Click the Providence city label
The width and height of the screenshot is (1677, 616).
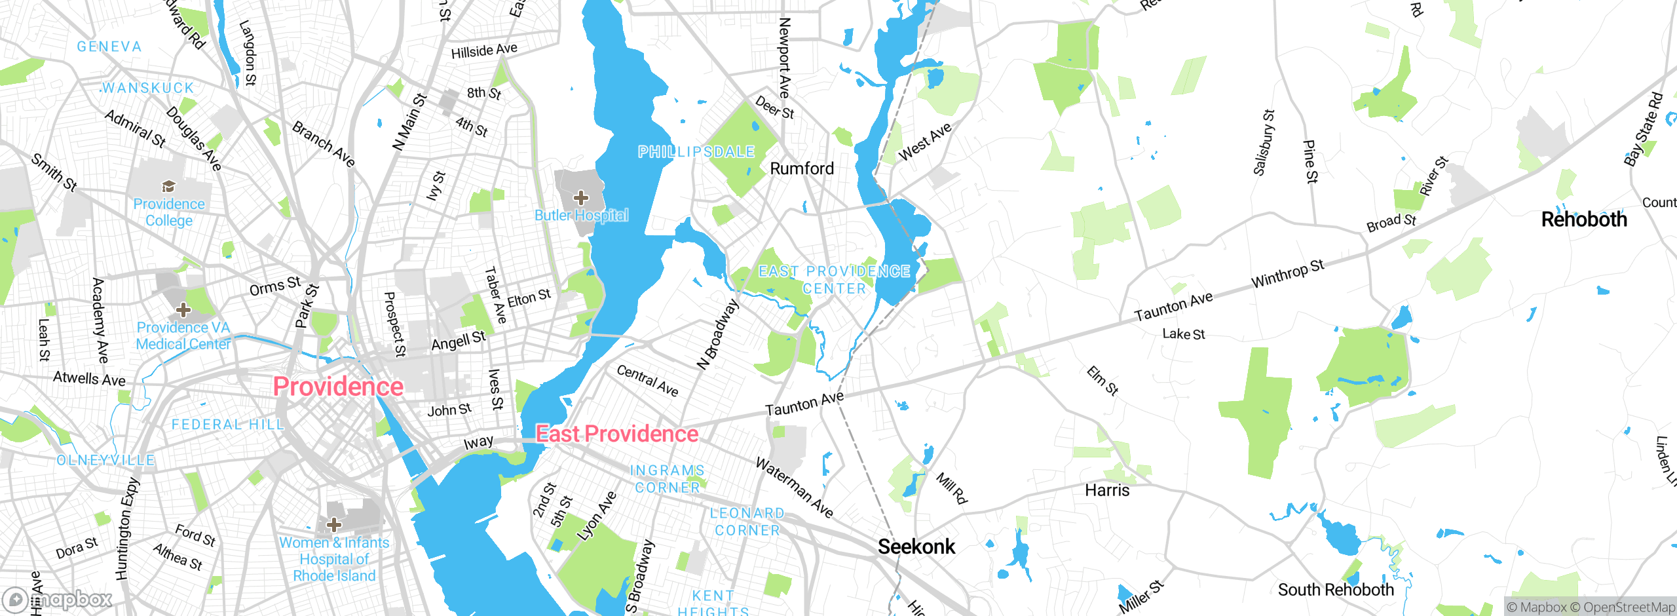click(338, 387)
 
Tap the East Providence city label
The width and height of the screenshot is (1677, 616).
click(617, 434)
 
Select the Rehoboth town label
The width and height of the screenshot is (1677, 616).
click(1583, 220)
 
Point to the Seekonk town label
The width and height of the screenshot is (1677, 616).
click(916, 547)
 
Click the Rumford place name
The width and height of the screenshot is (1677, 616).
click(802, 168)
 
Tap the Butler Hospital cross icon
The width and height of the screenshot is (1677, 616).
click(580, 197)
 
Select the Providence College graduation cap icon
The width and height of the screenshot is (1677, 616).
click(168, 186)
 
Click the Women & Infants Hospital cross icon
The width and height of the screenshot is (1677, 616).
click(334, 524)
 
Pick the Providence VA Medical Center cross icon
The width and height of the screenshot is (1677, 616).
click(183, 309)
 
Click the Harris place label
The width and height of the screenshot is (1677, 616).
click(1107, 490)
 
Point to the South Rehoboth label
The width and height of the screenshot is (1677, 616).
click(1336, 590)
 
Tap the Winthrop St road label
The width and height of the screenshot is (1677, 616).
click(1287, 273)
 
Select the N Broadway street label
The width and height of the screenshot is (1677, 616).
click(718, 334)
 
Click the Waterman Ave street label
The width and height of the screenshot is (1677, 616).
click(794, 488)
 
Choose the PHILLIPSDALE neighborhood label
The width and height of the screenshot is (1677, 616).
click(696, 152)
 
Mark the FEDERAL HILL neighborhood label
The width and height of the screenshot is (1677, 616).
click(227, 425)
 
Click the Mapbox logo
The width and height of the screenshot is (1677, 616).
click(58, 599)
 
